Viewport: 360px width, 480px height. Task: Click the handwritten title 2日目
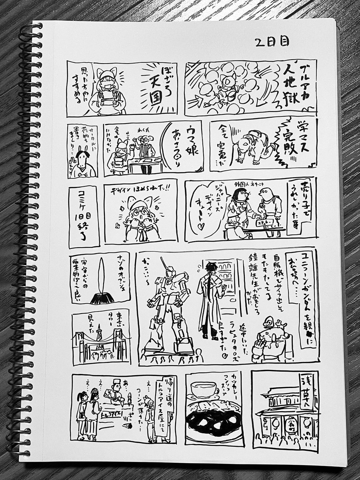(272, 42)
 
